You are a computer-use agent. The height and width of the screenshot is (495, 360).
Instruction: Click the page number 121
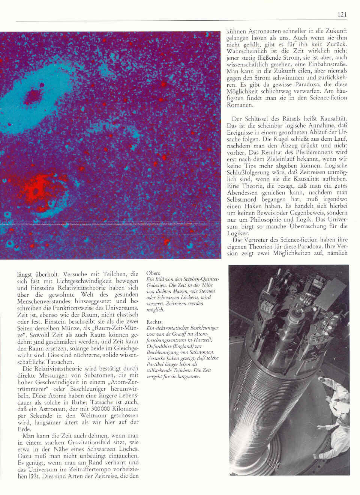tap(342, 15)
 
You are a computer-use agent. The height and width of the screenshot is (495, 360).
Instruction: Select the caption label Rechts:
tap(154, 322)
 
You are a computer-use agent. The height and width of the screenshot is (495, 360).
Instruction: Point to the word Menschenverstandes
tap(46, 301)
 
